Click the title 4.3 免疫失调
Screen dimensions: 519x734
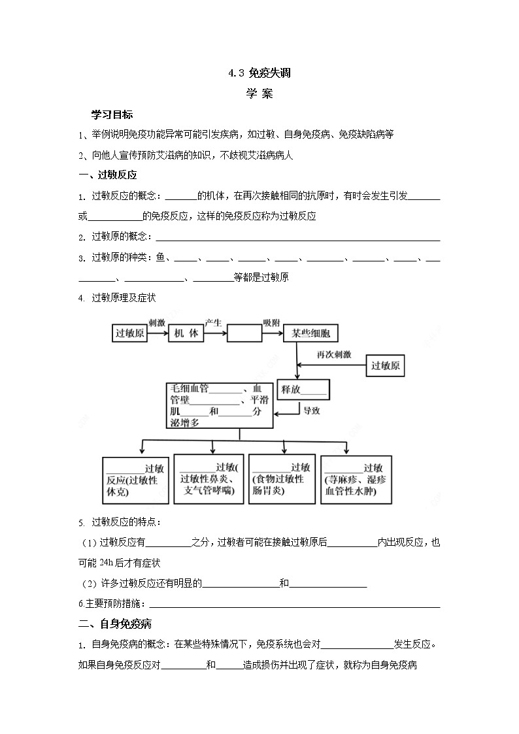259,73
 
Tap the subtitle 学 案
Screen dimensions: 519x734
259,93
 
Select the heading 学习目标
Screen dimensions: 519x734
112,114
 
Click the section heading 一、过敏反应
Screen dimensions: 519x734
107,175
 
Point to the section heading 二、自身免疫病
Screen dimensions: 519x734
115,624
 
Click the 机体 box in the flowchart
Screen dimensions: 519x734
186,333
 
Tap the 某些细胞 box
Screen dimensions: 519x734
310,333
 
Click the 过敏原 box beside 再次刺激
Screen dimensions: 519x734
385,365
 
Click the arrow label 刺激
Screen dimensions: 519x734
157,323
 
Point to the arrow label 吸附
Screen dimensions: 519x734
271,323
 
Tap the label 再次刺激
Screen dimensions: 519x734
334,354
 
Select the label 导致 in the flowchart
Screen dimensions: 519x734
310,410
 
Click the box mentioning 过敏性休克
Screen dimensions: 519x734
135,480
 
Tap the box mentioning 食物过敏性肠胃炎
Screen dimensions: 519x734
281,480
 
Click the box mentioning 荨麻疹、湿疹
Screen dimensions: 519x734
356,480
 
